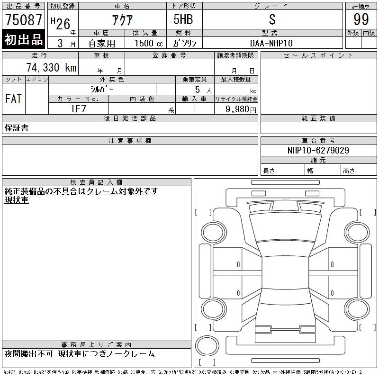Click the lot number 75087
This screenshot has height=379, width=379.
(x=24, y=20)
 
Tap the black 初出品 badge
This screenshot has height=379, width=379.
(x=23, y=39)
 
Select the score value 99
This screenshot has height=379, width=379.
(x=361, y=19)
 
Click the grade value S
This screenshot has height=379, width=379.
(x=272, y=19)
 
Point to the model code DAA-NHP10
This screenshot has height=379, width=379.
(x=271, y=43)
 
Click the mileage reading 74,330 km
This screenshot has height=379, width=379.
(x=51, y=67)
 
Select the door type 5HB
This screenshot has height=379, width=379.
(x=183, y=19)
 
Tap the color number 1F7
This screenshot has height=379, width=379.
(x=78, y=109)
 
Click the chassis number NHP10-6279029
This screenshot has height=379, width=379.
(x=318, y=150)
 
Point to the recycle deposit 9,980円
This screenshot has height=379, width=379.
(x=241, y=109)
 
